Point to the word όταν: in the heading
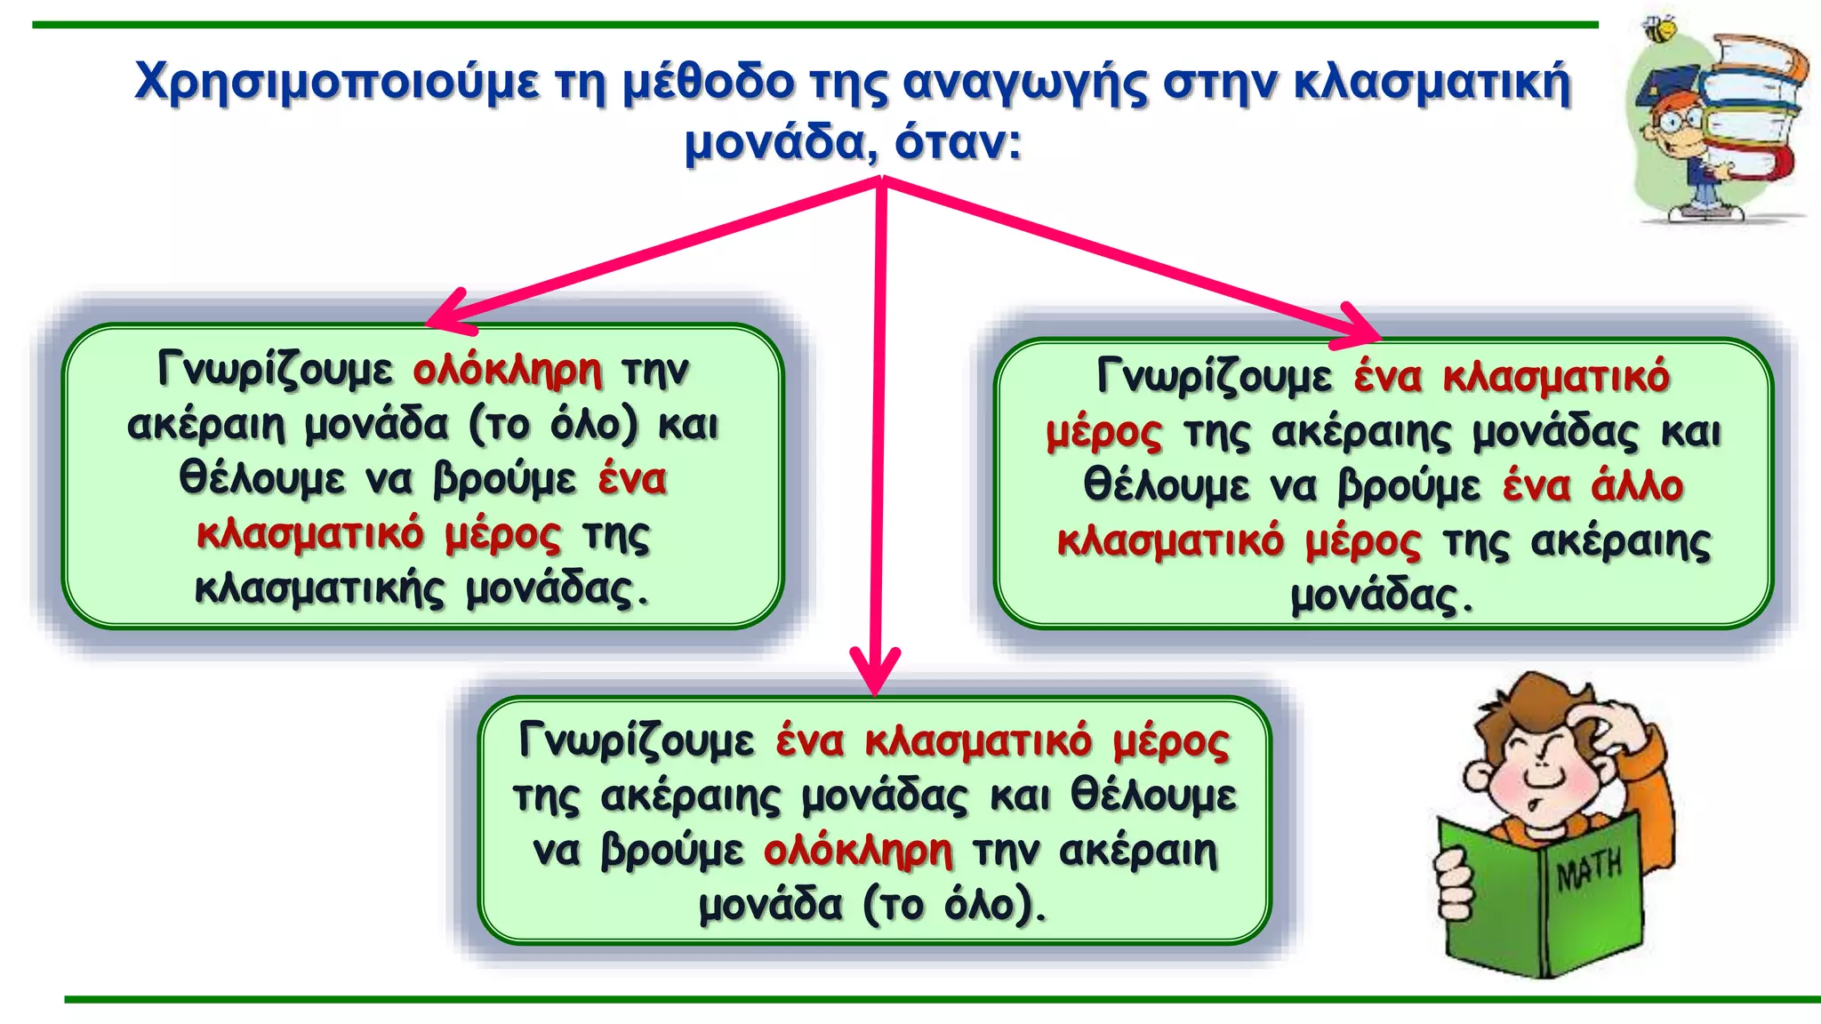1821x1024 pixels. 959,142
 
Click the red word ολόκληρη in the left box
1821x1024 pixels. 507,370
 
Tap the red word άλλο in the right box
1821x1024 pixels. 1637,486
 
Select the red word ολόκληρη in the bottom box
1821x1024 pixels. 858,851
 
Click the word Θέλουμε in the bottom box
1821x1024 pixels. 1153,795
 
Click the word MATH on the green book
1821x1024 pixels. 1589,869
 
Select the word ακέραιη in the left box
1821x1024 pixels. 205,425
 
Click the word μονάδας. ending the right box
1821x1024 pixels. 1382,596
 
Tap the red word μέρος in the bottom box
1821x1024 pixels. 1171,741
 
